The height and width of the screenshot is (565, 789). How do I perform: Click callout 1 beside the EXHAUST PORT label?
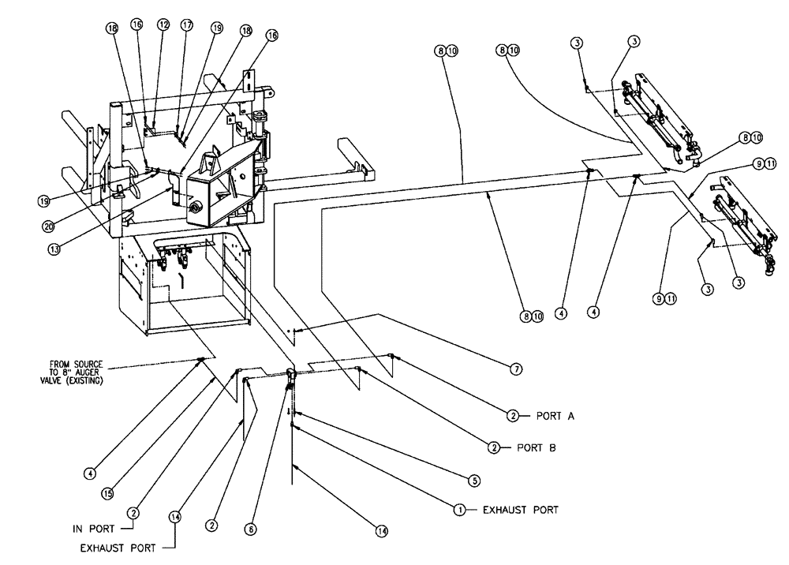[457, 510]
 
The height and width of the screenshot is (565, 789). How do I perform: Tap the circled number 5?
[473, 479]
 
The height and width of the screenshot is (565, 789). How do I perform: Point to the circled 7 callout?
[517, 368]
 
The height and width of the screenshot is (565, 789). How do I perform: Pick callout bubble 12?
[163, 24]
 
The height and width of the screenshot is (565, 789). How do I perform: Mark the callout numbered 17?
[186, 24]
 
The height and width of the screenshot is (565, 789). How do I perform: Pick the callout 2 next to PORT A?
[513, 415]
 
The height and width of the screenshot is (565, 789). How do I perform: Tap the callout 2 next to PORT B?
[495, 447]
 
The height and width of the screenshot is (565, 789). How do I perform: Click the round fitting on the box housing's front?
[196, 210]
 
